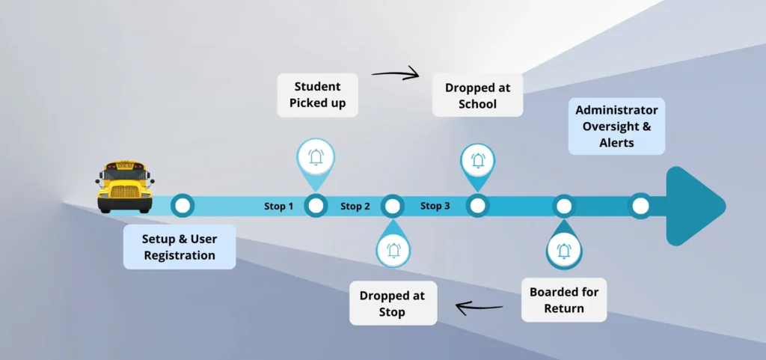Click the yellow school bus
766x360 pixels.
click(x=125, y=186)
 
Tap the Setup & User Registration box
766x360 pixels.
click(x=179, y=247)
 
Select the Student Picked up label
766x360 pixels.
click(x=317, y=95)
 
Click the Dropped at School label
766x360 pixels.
click(x=477, y=96)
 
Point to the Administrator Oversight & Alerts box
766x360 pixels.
click(x=616, y=126)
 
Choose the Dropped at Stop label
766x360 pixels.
click(x=393, y=303)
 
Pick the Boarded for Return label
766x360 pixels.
click(x=563, y=299)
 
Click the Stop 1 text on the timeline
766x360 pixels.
click(x=278, y=206)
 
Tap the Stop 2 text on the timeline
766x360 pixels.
click(x=355, y=206)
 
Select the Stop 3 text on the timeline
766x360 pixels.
click(x=435, y=206)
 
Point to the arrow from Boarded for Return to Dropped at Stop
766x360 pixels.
click(x=479, y=306)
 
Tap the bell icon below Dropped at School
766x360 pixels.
click(x=477, y=160)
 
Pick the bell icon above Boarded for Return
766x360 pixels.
click(x=563, y=251)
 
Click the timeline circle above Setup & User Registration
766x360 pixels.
click(x=183, y=205)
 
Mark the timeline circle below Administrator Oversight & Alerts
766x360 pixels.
click(x=639, y=206)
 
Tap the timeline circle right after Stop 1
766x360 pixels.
click(x=316, y=206)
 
